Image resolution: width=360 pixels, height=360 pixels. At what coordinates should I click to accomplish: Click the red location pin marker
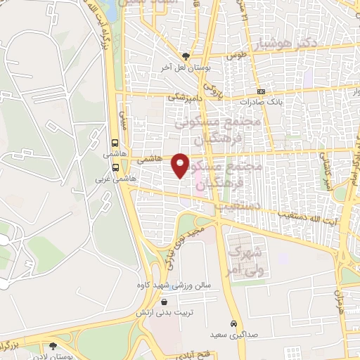[181, 165]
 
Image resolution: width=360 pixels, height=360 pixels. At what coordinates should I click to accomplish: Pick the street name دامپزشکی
[185, 98]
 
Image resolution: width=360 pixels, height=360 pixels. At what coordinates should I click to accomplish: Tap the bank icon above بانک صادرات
[261, 91]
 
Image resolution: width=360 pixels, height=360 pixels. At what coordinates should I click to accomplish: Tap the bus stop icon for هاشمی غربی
[115, 167]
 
